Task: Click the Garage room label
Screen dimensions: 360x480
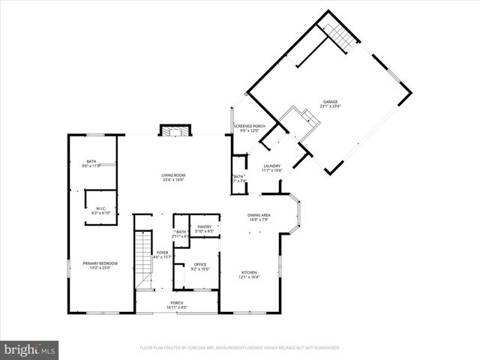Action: point(330,101)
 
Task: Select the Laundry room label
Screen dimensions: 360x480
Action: point(272,166)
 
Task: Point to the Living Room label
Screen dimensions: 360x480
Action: point(173,175)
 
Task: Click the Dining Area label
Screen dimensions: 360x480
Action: point(259,215)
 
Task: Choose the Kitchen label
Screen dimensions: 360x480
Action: point(249,272)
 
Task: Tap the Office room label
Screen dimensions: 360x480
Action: point(199,264)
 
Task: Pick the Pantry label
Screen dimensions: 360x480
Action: point(204,226)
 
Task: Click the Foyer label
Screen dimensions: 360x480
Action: point(163,253)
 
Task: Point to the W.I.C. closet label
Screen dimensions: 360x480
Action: point(100,209)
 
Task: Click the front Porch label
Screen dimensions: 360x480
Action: point(176,303)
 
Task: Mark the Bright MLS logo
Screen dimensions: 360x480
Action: point(29,349)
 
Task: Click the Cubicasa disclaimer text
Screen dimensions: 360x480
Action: point(240,348)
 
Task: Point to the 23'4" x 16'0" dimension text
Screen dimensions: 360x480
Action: point(173,180)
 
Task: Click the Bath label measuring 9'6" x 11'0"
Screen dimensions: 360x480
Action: point(91,161)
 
